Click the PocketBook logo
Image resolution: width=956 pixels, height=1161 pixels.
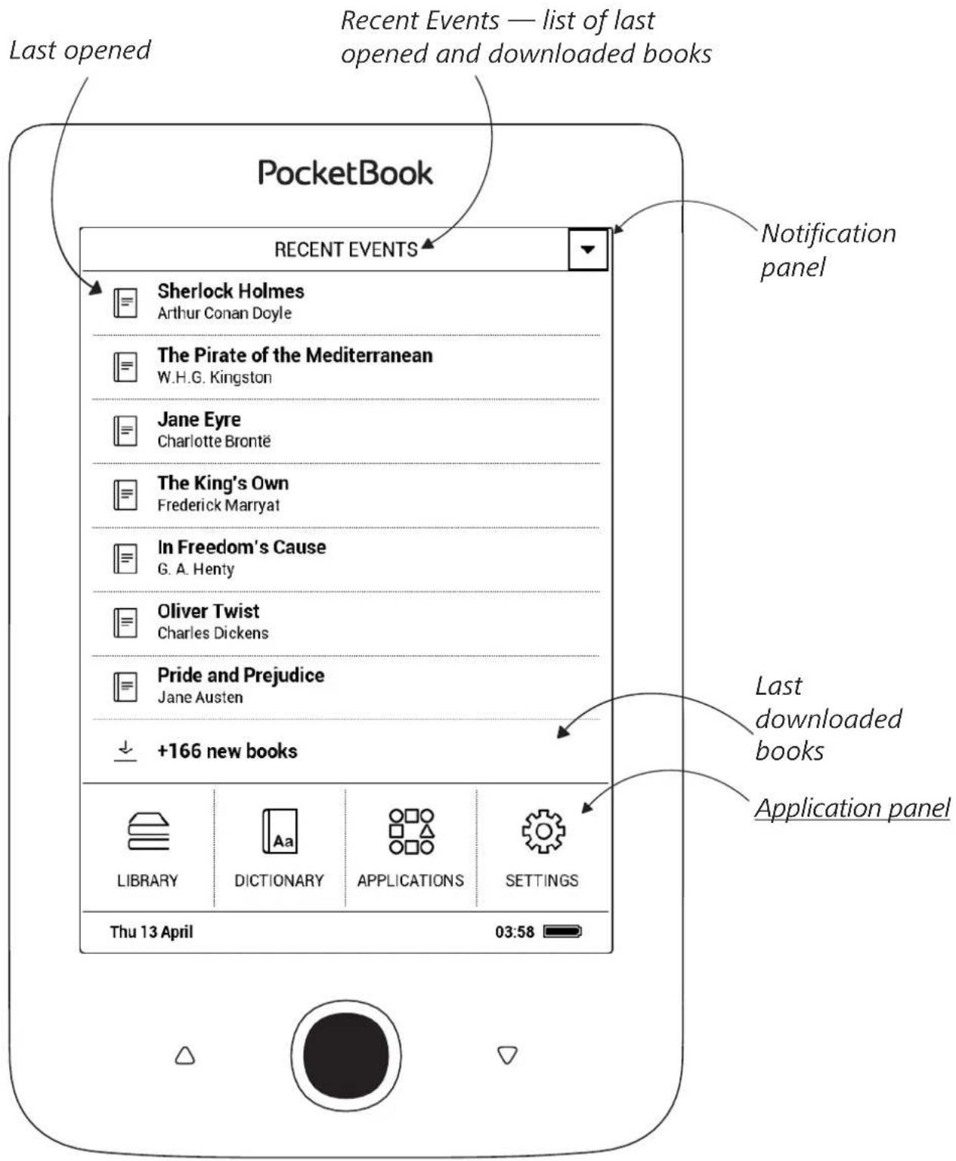345,173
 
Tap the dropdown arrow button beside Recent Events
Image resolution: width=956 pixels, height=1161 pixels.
588,249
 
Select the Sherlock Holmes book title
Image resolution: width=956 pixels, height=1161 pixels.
230,291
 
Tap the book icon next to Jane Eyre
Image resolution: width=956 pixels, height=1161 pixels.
125,431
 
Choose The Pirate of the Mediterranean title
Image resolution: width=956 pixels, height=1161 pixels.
295,355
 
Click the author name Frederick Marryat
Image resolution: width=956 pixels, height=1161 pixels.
218,505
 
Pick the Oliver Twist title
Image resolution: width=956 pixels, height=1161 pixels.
208,610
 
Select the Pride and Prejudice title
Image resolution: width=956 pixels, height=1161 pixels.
240,675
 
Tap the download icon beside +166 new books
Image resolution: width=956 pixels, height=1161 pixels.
125,751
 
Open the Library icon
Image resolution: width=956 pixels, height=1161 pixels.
148,831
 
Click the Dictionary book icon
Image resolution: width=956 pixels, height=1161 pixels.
280,831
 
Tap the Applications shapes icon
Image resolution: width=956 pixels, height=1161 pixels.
411,831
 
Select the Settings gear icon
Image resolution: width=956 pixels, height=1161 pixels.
543,831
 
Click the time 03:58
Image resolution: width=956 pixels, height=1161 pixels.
515,931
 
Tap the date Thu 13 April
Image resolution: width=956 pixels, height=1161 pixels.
151,932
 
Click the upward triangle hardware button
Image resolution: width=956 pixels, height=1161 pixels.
185,1055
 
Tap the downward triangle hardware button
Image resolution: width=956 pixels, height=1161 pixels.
507,1055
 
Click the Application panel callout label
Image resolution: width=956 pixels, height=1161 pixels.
852,808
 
